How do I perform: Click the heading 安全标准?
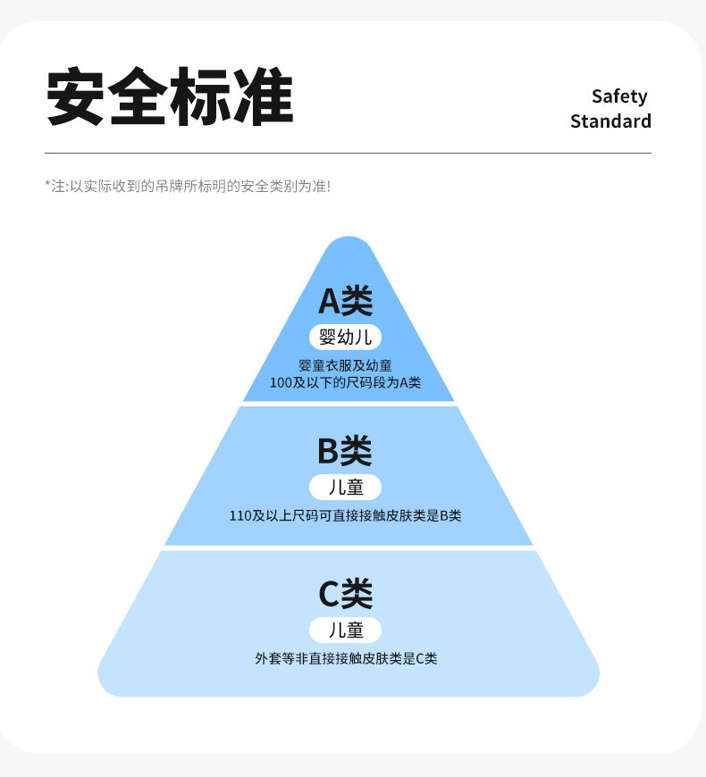pyautogui.click(x=170, y=96)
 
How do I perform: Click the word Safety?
pyautogui.click(x=619, y=96)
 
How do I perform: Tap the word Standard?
pyautogui.click(x=610, y=121)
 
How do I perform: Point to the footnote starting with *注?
pyautogui.click(x=188, y=187)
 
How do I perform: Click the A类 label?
pyautogui.click(x=346, y=301)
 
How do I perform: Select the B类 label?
pyautogui.click(x=345, y=450)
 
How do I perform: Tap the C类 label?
pyautogui.click(x=346, y=593)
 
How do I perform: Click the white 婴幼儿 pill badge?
pyautogui.click(x=346, y=338)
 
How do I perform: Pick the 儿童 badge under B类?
pyautogui.click(x=346, y=487)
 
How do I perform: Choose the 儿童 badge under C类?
pyautogui.click(x=346, y=631)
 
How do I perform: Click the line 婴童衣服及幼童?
pyautogui.click(x=346, y=365)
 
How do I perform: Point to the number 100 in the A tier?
pyautogui.click(x=280, y=383)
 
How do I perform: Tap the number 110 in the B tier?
pyautogui.click(x=240, y=516)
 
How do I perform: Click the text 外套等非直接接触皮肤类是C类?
pyautogui.click(x=346, y=658)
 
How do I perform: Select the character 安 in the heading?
pyautogui.click(x=75, y=96)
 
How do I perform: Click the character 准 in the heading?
pyautogui.click(x=264, y=96)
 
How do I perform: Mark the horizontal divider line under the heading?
pyautogui.click(x=348, y=153)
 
